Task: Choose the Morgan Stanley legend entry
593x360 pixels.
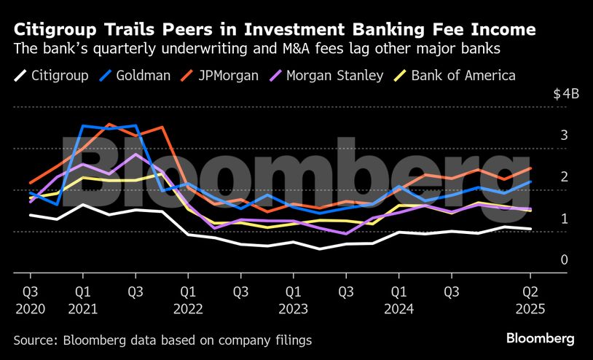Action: [335, 76]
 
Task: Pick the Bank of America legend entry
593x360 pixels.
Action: [463, 76]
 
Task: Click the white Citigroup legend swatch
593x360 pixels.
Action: [20, 76]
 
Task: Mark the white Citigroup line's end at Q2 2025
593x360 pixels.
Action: [530, 229]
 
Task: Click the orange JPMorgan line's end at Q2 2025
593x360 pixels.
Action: [530, 168]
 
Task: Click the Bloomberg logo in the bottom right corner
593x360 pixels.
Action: [540, 339]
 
